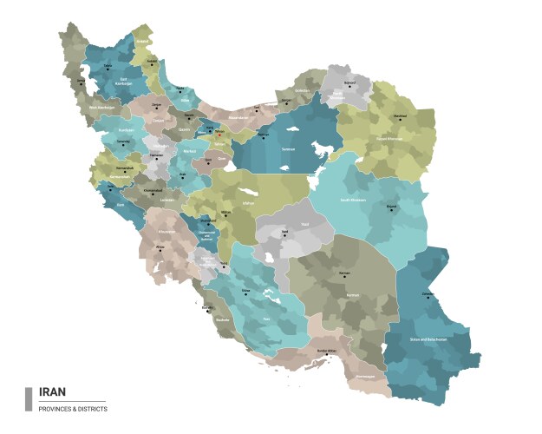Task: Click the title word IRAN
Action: point(53,392)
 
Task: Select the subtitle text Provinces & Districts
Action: point(74,408)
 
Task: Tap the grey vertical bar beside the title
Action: point(29,398)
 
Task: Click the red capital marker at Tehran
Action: point(219,134)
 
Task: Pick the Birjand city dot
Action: point(391,206)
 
